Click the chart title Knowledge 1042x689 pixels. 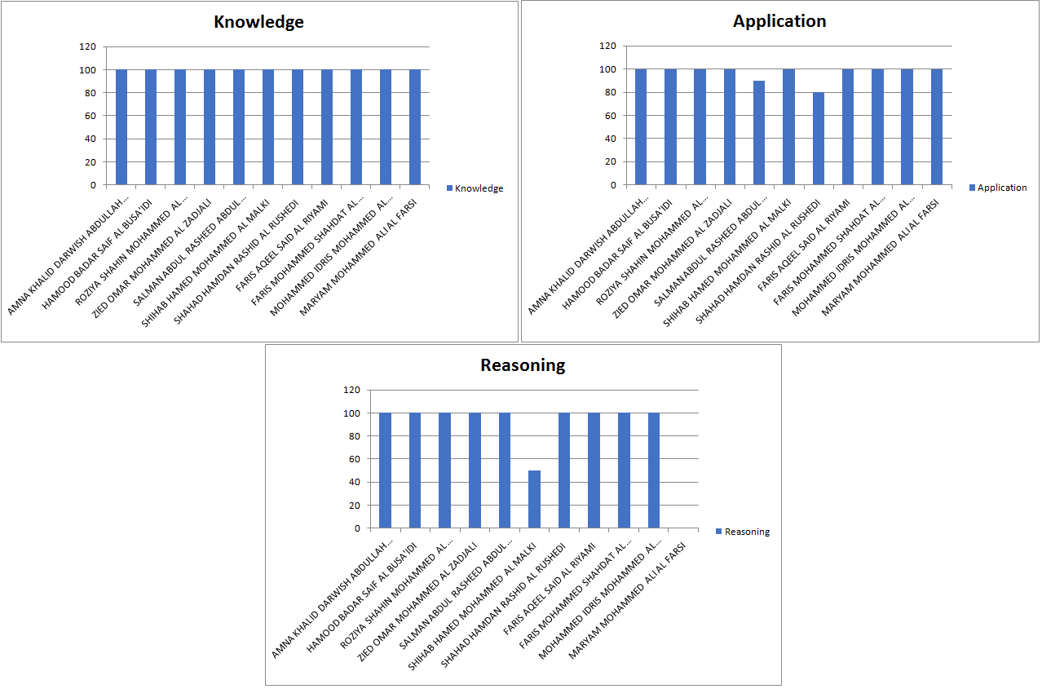click(x=258, y=22)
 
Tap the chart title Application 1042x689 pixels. click(x=779, y=21)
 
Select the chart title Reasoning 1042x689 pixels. click(x=523, y=365)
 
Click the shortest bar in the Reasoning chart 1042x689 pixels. click(x=534, y=499)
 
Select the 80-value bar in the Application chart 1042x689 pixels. click(x=818, y=139)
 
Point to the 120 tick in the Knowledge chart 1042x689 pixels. click(x=88, y=46)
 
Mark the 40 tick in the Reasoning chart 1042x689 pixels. click(x=354, y=483)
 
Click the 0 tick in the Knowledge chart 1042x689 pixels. click(x=92, y=185)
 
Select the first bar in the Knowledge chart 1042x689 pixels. click(x=121, y=127)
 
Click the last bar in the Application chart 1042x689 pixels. click(x=936, y=127)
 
